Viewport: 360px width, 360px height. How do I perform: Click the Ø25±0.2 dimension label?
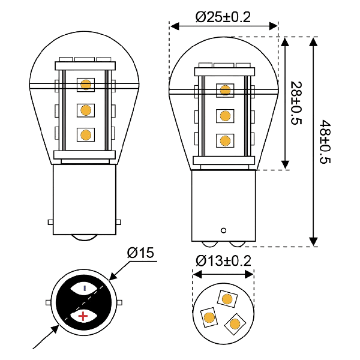pos(223,17)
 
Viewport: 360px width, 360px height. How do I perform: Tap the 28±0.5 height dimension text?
pos(296,103)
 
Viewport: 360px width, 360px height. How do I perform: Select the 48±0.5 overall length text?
pos(325,142)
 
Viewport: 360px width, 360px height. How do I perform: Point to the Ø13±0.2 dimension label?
pos(223,261)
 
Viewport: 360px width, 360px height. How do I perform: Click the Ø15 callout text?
pos(140,253)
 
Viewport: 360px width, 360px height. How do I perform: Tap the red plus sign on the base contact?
pos(83,316)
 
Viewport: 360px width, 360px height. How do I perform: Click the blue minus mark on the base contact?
pos(85,288)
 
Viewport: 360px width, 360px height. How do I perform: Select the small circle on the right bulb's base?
pos(223,230)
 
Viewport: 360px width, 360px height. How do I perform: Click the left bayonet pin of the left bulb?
pos(50,222)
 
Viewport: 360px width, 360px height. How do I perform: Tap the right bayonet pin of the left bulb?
pos(118,222)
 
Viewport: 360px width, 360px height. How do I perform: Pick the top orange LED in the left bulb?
pos(86,85)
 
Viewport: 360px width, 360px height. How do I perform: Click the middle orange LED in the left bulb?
pos(86,110)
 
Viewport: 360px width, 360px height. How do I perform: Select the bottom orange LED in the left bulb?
pos(86,135)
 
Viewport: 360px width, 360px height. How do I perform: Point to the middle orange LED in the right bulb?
pos(225,116)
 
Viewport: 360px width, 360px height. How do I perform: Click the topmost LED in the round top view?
pos(227,299)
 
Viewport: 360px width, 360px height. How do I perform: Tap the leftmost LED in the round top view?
pos(209,317)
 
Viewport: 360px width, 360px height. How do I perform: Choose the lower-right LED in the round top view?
pos(235,324)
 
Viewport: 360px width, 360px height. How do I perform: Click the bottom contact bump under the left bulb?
pos(84,238)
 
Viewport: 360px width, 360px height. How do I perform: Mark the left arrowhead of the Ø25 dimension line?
pos(175,26)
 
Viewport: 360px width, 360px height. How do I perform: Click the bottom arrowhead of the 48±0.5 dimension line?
pos(313,242)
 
